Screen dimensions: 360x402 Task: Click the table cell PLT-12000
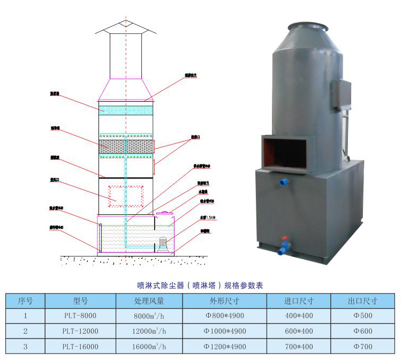pos(80,331)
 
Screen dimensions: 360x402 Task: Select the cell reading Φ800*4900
pos(225,316)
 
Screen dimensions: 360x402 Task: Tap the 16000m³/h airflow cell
pos(149,346)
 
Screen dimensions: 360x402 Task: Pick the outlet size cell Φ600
pos(362,331)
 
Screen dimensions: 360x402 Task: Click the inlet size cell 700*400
pos(299,346)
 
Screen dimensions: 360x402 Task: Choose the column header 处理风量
pos(149,301)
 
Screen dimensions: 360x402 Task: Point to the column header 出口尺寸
pos(362,301)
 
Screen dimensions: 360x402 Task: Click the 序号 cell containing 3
pos(25,346)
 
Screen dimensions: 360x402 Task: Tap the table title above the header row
pos(201,286)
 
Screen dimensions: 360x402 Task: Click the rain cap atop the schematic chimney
pos(126,27)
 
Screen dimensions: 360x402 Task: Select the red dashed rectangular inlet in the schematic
pos(126,196)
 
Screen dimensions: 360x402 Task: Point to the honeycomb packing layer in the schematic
pos(126,146)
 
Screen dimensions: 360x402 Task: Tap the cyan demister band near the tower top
pos(126,109)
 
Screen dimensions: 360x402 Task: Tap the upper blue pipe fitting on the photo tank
pos(283,183)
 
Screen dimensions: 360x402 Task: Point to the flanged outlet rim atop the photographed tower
pos(308,26)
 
